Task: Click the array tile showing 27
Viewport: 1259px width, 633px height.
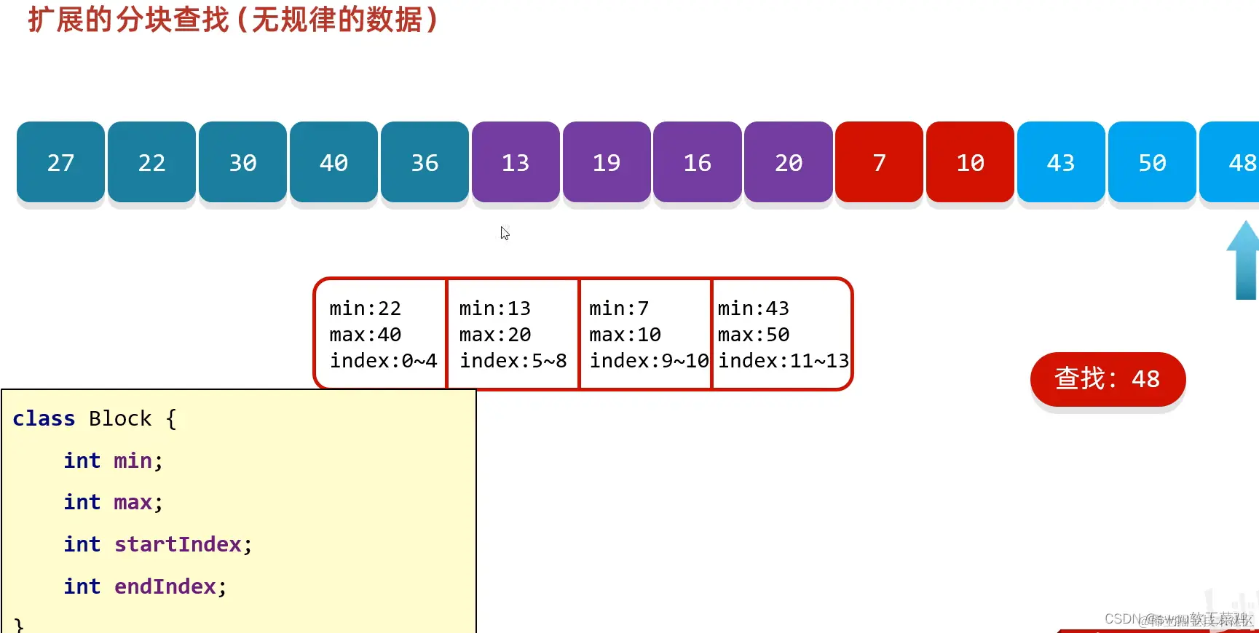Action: pyautogui.click(x=60, y=162)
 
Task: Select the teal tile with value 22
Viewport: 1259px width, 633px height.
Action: pyautogui.click(x=151, y=162)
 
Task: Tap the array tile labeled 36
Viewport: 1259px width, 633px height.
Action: pyautogui.click(x=425, y=162)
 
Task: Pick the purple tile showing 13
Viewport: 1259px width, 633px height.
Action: pyautogui.click(x=516, y=162)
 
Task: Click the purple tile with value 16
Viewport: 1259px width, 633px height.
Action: pyautogui.click(x=697, y=162)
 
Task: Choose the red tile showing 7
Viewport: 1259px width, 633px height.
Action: pyautogui.click(x=879, y=162)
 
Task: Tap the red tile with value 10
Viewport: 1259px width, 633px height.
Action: pyautogui.click(x=970, y=162)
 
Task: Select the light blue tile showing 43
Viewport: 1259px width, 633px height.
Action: pyautogui.click(x=1060, y=162)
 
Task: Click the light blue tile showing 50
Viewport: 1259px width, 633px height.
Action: pyautogui.click(x=1152, y=162)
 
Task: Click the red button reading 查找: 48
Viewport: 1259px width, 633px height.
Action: pyautogui.click(x=1108, y=379)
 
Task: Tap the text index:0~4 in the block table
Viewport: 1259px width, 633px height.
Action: pyautogui.click(x=383, y=361)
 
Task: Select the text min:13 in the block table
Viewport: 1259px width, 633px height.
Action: pyautogui.click(x=494, y=308)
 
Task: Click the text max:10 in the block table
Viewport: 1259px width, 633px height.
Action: pyautogui.click(x=625, y=335)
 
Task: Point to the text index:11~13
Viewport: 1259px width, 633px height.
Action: pyautogui.click(x=784, y=361)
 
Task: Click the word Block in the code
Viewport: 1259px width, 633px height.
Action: pyautogui.click(x=120, y=419)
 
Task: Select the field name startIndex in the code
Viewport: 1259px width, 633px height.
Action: pyautogui.click(x=178, y=544)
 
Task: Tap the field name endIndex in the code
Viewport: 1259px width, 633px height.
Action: pyautogui.click(x=165, y=586)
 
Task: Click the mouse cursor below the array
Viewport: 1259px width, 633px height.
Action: pyautogui.click(x=505, y=234)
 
